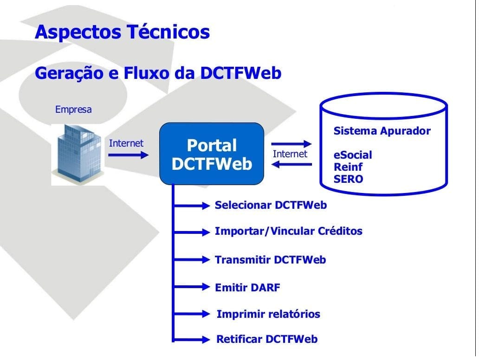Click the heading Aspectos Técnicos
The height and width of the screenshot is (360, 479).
pos(123,32)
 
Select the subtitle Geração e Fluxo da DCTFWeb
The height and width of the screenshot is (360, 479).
pos(158,73)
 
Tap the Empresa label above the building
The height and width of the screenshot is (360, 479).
pos(73,110)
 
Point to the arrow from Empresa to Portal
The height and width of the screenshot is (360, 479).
pos(127,155)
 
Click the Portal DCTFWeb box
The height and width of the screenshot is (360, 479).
pos(212,154)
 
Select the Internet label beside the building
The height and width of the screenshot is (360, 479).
pos(126,143)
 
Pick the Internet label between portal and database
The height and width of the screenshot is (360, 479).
pos(290,154)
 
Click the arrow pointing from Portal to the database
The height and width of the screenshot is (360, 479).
pos(291,144)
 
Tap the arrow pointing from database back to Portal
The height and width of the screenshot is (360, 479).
pos(291,165)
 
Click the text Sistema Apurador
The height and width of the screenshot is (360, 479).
pos(382,131)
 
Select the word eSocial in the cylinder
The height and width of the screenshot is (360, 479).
pos(353,155)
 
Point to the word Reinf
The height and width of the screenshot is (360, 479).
pos(348,167)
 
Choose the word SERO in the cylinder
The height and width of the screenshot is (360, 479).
pos(349,179)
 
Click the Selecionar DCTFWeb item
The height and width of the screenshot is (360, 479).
pos(271,205)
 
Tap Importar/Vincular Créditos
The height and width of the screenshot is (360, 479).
pos(288,231)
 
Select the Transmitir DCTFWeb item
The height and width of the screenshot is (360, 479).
pos(270,260)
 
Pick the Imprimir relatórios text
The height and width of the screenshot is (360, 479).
pos(268,314)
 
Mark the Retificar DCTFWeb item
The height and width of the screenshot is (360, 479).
pos(267,339)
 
